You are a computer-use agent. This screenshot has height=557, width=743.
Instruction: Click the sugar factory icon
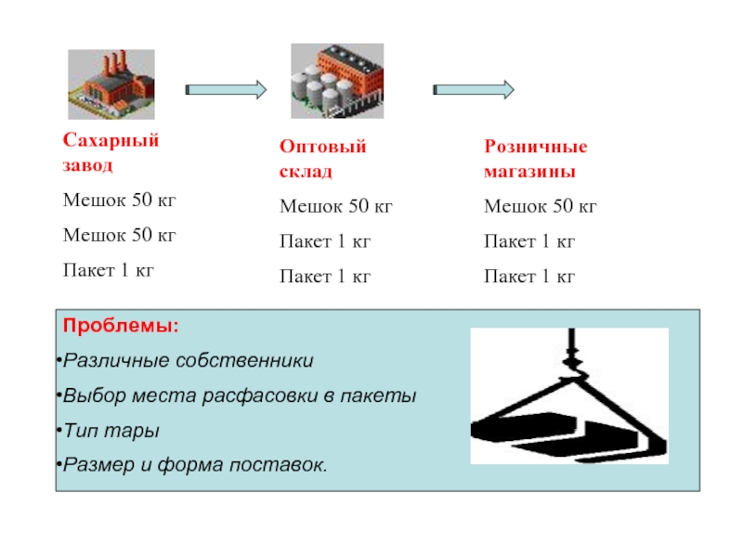click(111, 84)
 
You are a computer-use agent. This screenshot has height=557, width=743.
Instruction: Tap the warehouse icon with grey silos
click(336, 81)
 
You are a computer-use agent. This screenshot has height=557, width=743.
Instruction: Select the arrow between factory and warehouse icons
click(226, 89)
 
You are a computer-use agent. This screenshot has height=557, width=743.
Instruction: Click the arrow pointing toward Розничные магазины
click(474, 89)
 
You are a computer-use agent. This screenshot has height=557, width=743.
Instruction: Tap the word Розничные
click(536, 147)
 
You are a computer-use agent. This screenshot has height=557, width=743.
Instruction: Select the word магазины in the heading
click(529, 173)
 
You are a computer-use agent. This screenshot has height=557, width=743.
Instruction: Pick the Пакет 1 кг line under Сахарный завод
click(108, 270)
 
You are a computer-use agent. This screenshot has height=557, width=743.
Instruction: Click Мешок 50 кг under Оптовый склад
click(337, 206)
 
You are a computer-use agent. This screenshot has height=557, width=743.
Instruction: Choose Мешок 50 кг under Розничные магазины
click(541, 206)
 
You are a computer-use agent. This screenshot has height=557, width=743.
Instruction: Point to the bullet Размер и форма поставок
click(195, 464)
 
